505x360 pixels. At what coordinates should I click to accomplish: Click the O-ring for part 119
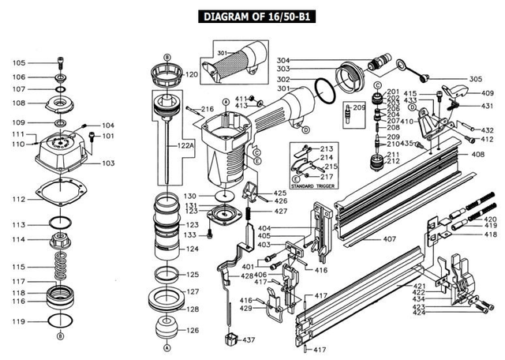59,321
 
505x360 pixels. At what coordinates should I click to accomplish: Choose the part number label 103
108,163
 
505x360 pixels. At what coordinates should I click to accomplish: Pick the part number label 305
475,79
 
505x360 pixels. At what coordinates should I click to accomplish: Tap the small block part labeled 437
230,339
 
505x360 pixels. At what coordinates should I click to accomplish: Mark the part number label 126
192,330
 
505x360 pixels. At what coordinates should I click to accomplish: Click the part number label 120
191,74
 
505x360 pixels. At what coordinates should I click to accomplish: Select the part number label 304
282,61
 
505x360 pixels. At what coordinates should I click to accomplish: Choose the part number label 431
488,106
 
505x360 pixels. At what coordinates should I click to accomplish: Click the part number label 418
490,234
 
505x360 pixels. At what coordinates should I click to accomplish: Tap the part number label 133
190,234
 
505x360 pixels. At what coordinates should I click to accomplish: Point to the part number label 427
281,211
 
